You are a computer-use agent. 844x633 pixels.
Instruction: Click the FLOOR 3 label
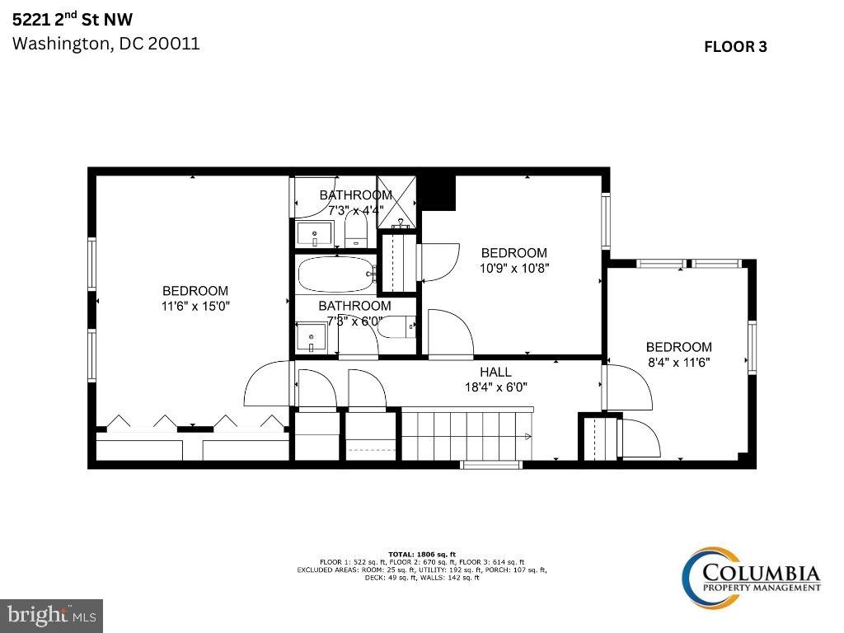tap(734, 47)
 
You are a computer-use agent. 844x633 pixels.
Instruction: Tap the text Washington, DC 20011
tap(105, 44)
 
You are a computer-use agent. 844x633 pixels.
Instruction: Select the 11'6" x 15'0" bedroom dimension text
tap(195, 306)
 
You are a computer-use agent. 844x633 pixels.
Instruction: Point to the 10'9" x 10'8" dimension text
tap(514, 268)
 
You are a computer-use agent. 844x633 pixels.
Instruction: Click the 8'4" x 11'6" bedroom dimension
tap(678, 362)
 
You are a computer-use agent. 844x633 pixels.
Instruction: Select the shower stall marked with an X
tap(398, 200)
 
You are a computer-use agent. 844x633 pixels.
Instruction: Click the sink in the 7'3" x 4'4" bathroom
tap(314, 234)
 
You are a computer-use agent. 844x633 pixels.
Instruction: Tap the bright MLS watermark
tap(51, 615)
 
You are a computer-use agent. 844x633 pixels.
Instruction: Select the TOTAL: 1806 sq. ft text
tap(421, 554)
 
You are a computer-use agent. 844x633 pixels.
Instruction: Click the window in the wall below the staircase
tap(490, 465)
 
